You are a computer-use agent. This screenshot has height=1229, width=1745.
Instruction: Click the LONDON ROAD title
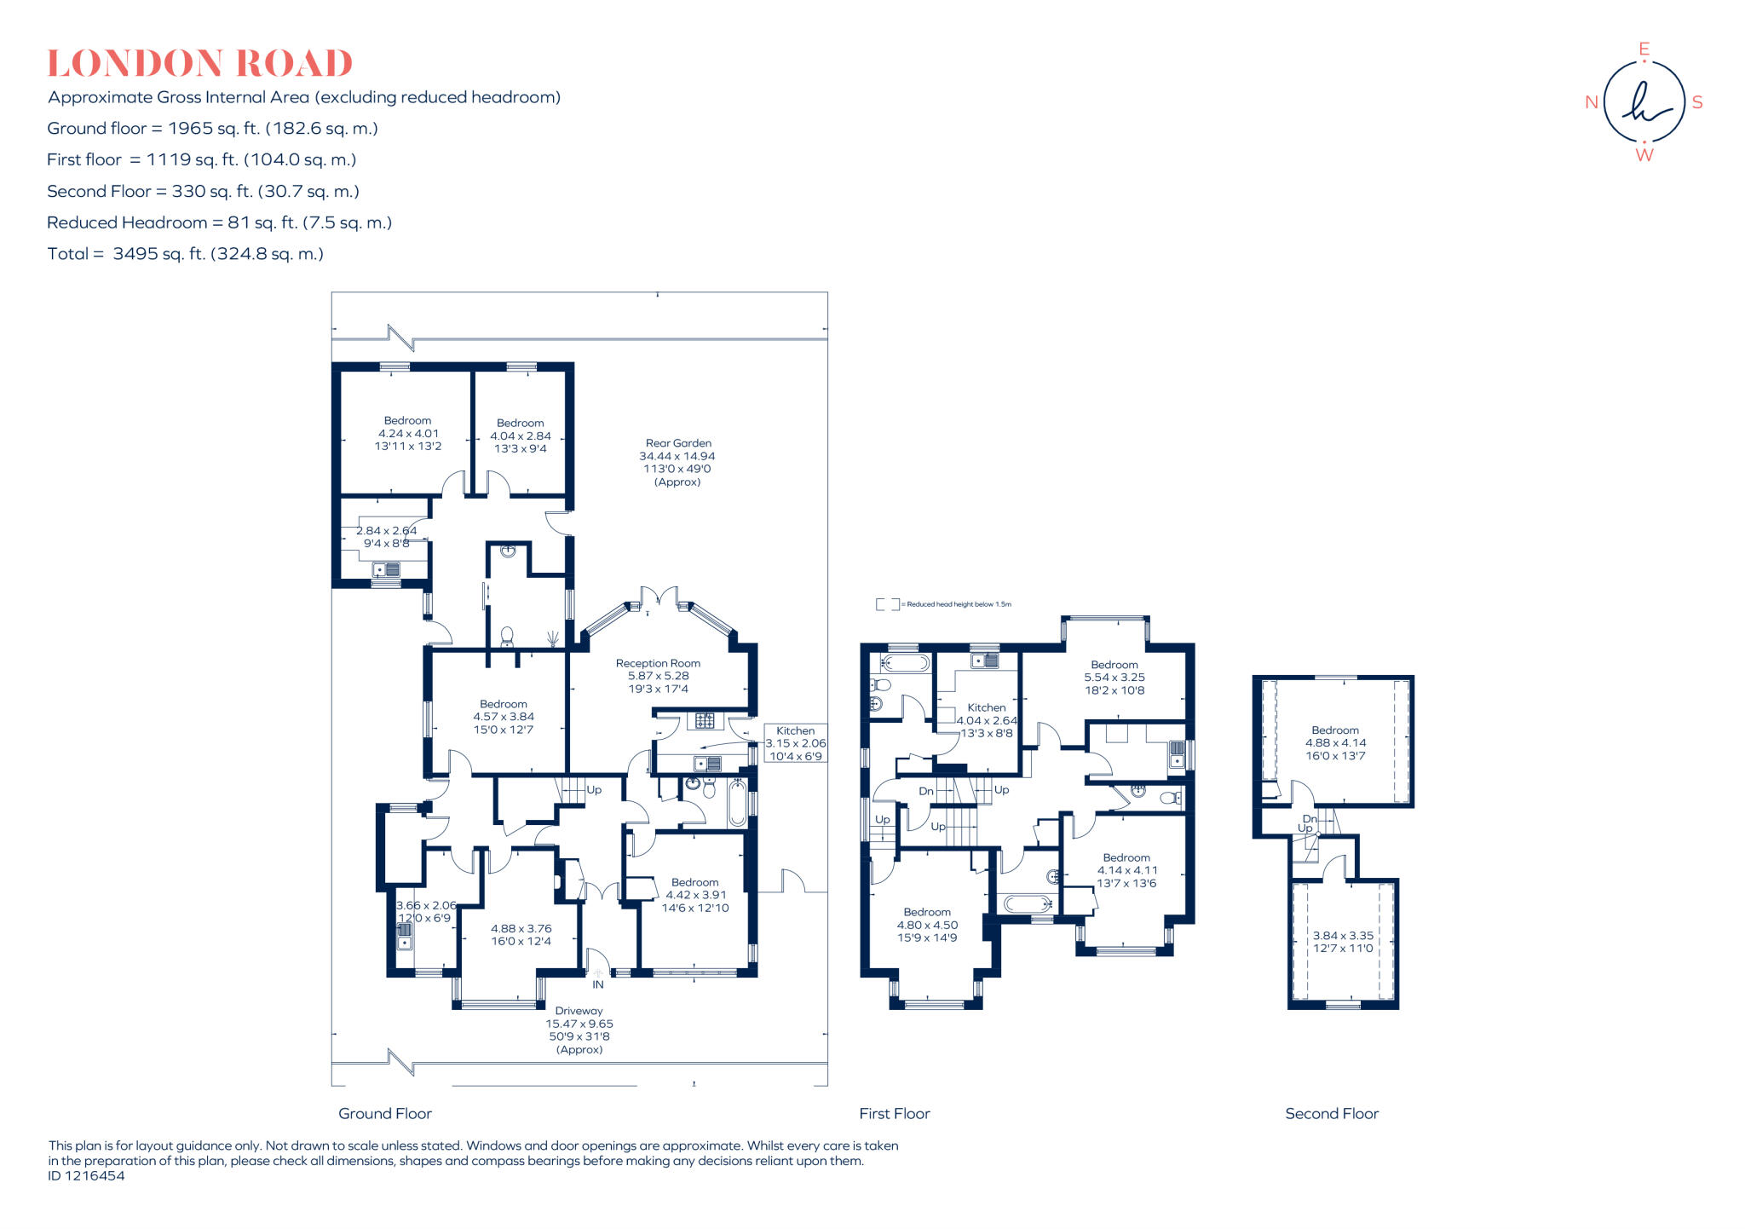coord(199,64)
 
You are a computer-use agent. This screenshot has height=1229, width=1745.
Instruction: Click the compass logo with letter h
coord(1644,102)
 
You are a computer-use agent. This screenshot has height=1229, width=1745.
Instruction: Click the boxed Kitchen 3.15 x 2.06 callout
coord(795,743)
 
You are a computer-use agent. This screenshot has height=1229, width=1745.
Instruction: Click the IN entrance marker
coord(598,984)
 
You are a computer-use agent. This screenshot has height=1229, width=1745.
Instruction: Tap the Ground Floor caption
coord(385,1113)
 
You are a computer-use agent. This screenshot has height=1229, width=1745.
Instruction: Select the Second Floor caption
coord(1331,1113)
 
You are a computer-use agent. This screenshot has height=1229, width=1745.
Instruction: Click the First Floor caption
coord(895,1113)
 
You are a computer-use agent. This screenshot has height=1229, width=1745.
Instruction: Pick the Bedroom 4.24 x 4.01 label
coord(407,433)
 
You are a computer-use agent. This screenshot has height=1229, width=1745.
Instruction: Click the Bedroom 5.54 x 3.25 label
coord(1114,678)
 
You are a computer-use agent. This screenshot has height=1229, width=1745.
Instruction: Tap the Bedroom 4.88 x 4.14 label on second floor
coord(1335,742)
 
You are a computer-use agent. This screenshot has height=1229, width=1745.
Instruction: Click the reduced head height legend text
coord(959,604)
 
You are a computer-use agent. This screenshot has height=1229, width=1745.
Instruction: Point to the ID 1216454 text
coord(86,1176)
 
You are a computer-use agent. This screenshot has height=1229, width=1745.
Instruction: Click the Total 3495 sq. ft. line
coord(186,254)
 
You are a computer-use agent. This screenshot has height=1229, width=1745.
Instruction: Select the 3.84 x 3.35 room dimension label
coord(1343,942)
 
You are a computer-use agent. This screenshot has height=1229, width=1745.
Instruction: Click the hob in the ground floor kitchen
coord(705,721)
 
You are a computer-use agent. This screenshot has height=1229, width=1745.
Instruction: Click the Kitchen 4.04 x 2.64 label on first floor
coord(987,720)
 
